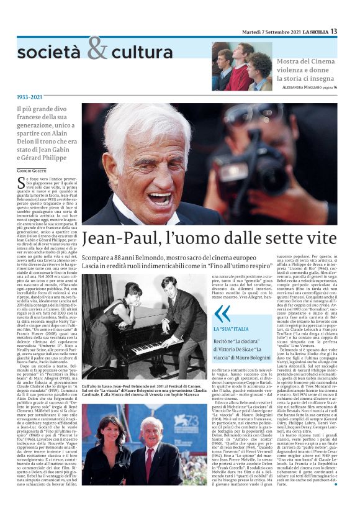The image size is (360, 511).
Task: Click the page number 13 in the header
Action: pos(333,31)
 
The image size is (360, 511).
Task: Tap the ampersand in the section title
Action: pos(97,48)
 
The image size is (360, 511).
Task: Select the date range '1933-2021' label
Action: pos(30,97)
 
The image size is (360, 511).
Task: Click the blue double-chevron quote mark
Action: pos(222,313)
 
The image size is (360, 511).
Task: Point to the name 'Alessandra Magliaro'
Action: pos(302,88)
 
